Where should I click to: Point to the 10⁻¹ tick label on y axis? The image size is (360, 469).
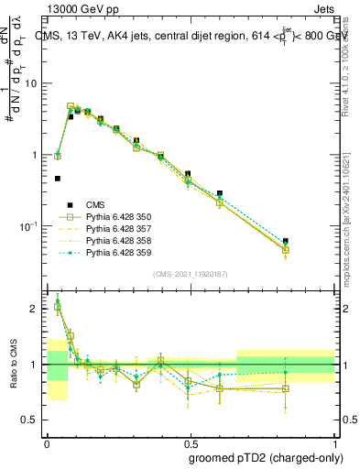click(x=28, y=226)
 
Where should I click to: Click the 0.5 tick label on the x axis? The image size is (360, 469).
click(x=190, y=442)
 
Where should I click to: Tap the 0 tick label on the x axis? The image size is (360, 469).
click(x=46, y=442)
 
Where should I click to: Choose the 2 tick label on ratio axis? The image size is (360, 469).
click(x=36, y=309)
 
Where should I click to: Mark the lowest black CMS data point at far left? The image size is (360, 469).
click(x=58, y=179)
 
